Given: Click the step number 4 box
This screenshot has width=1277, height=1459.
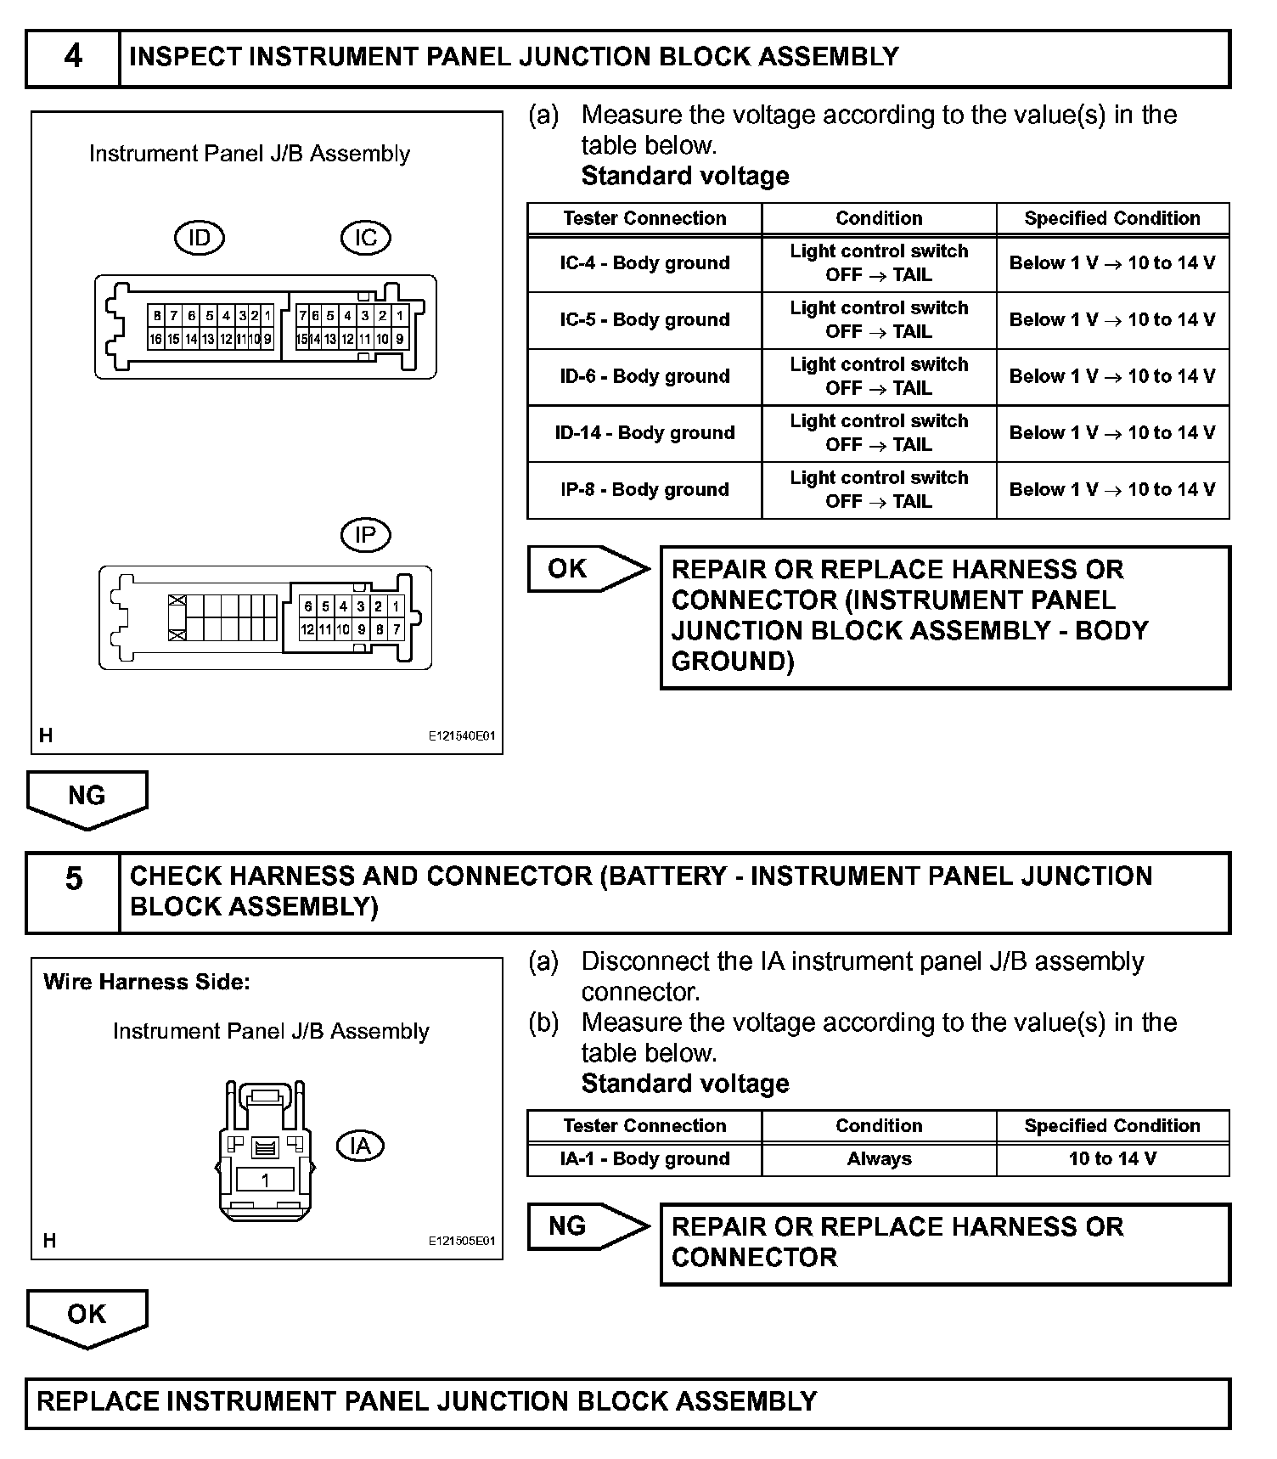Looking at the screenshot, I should (x=73, y=57).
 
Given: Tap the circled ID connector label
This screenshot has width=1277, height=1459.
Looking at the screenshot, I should (x=199, y=238).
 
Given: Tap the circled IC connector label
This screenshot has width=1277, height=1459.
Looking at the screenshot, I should (x=365, y=238).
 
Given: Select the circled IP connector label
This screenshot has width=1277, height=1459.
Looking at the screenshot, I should (x=365, y=535).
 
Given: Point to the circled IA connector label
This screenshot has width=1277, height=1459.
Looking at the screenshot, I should (x=361, y=1146).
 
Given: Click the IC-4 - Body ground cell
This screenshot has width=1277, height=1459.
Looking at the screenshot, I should (x=644, y=263).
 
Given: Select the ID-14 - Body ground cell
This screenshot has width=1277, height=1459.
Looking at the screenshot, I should (x=644, y=433).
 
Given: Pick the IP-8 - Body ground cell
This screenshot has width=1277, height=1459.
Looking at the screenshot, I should (x=644, y=490).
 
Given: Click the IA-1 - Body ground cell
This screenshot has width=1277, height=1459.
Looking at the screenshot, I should (x=644, y=1159).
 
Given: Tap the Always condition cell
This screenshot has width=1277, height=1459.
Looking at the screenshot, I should (x=879, y=1159).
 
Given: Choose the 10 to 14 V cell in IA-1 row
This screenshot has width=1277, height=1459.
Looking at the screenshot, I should (x=1112, y=1159).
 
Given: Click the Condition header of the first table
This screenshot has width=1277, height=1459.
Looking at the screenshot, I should (x=879, y=218).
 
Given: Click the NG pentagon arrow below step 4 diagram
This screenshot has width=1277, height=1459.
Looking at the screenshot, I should (x=87, y=798).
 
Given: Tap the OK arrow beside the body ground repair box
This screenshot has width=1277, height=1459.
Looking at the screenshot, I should (x=586, y=568).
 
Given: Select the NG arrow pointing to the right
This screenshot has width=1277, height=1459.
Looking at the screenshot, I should (x=586, y=1226).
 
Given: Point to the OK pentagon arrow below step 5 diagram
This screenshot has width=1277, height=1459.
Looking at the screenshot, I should (x=87, y=1316).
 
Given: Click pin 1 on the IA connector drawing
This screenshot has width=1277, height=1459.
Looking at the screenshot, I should (x=265, y=1180).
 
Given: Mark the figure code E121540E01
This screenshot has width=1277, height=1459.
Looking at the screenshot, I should (x=461, y=736).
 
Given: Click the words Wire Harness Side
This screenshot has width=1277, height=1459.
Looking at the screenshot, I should (x=147, y=983).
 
